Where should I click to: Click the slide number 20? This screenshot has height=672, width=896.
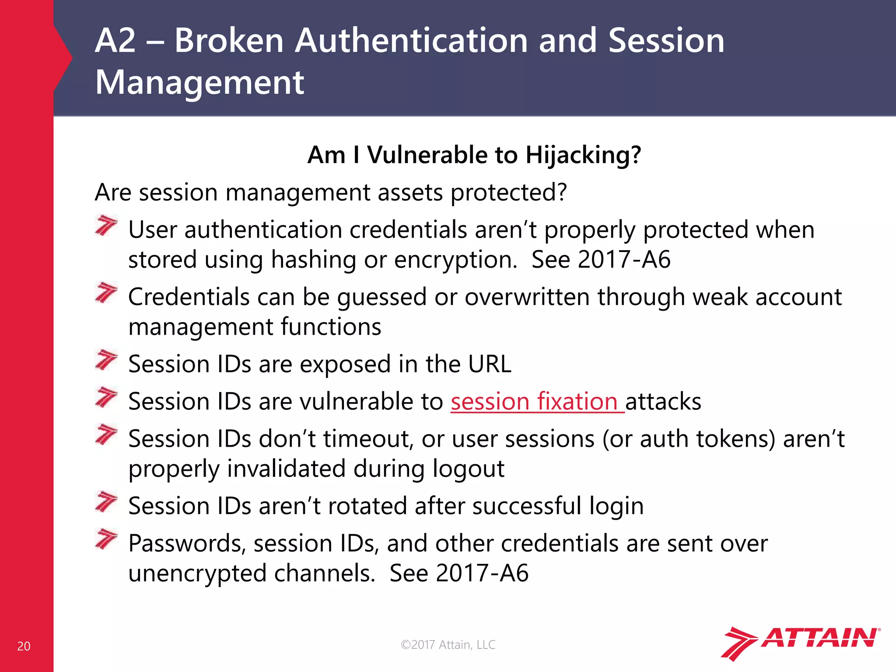pyautogui.click(x=24, y=646)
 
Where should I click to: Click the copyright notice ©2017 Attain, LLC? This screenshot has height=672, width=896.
pyautogui.click(x=448, y=644)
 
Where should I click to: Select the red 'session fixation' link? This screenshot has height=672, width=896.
pyautogui.click(x=537, y=402)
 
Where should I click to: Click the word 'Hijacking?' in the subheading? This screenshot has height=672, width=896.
pyautogui.click(x=583, y=155)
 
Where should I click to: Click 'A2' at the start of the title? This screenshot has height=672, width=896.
pyautogui.click(x=115, y=41)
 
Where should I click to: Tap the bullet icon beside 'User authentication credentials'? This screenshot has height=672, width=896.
pyautogui.click(x=106, y=226)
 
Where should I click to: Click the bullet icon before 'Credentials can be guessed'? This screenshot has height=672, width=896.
pyautogui.click(x=106, y=293)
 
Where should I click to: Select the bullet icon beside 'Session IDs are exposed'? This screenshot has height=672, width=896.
pyautogui.click(x=106, y=360)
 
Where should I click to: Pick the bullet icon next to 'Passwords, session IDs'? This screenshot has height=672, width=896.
pyautogui.click(x=106, y=539)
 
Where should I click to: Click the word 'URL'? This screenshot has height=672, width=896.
pyautogui.click(x=490, y=364)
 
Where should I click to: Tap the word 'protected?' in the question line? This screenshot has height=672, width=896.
pyautogui.click(x=508, y=192)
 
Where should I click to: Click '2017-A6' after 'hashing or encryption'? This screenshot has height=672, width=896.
pyautogui.click(x=624, y=260)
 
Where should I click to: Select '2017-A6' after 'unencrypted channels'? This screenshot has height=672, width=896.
pyautogui.click(x=482, y=573)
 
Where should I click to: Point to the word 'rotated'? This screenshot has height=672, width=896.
pyautogui.click(x=367, y=506)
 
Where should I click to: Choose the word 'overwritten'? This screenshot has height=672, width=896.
pyautogui.click(x=527, y=297)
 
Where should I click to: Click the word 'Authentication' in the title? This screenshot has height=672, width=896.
pyautogui.click(x=411, y=41)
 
